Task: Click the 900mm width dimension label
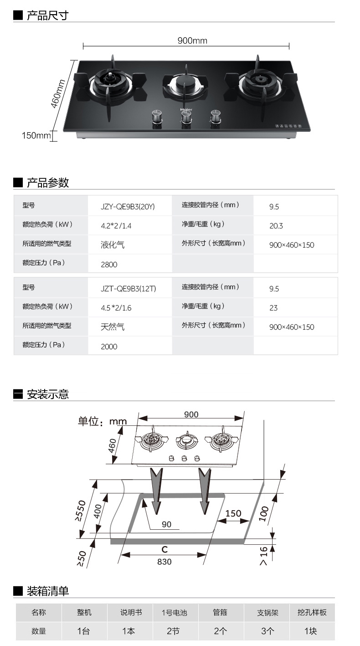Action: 192,41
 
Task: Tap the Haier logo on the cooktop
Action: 186,109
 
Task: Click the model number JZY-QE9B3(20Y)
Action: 128,207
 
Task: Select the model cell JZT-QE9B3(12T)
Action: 129,289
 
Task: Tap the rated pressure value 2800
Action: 109,264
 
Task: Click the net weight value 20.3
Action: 276,226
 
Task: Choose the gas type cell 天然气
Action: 112,327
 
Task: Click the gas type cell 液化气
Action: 112,245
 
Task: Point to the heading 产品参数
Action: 48,183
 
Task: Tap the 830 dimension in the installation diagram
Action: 165,562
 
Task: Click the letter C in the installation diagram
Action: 165,549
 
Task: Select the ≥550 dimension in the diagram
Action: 81,510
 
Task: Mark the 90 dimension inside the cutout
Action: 166,524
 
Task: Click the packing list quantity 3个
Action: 267,631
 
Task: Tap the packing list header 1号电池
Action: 175,612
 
